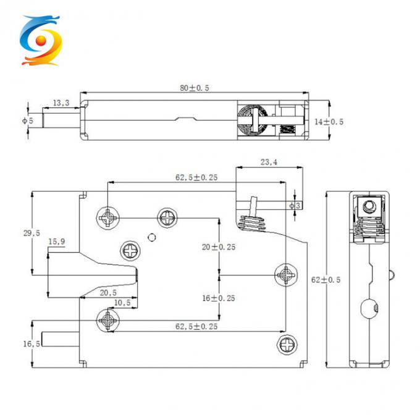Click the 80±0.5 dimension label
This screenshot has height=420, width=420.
(195, 88)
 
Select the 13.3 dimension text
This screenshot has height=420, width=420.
(61, 103)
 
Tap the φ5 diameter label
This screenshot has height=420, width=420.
(27, 121)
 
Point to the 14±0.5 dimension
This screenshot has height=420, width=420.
(329, 122)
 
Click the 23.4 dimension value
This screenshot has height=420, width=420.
(268, 163)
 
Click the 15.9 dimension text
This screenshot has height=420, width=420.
(57, 241)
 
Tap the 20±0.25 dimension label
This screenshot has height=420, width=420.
(219, 246)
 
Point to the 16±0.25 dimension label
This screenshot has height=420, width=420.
(219, 297)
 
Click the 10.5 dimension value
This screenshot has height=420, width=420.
(122, 302)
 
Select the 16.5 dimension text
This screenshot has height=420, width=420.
(31, 343)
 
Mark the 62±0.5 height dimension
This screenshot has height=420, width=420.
(327, 279)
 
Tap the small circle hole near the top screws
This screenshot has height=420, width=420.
(150, 235)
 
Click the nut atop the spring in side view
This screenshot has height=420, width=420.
(369, 206)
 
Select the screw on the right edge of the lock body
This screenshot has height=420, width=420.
(287, 274)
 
